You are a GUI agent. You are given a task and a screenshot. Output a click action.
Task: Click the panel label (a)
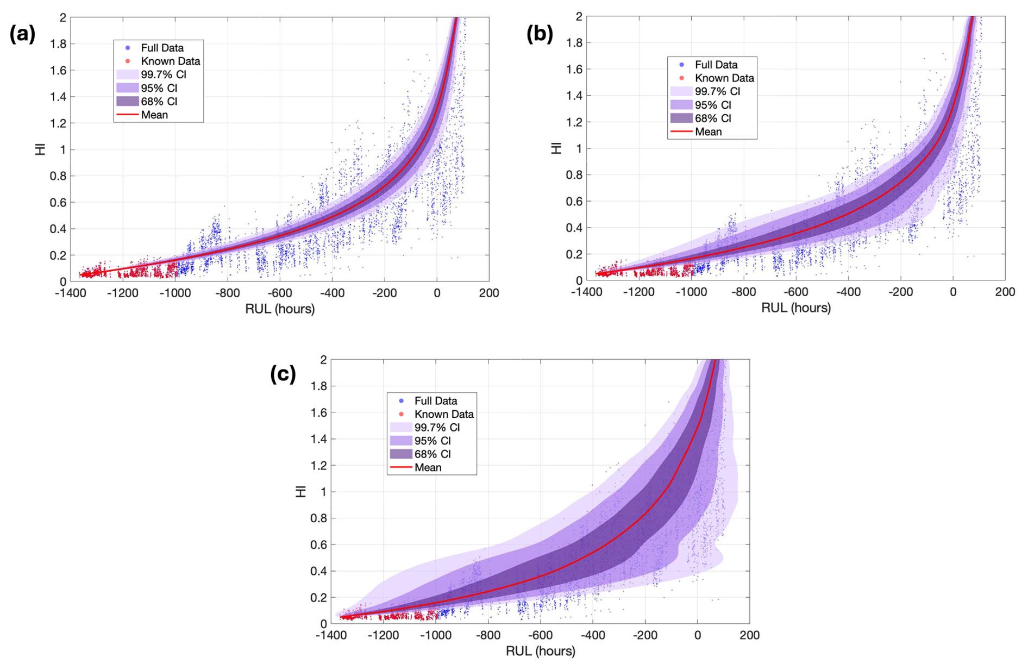pos(23,34)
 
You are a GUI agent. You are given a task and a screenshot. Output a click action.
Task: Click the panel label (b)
pos(540,34)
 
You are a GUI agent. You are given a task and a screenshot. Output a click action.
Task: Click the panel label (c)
pos(283,374)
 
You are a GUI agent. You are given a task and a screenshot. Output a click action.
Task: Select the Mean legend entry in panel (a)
pos(154,115)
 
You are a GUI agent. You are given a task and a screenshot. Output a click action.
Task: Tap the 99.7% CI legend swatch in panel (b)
pos(681,91)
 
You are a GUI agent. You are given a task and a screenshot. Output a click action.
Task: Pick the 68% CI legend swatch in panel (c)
pos(401,454)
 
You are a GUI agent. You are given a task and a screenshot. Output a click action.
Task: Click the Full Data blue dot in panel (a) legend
pos(128,48)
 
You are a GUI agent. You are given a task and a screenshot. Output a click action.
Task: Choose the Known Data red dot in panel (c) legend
pos(402,414)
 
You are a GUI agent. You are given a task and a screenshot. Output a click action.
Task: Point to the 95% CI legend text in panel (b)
pos(713,105)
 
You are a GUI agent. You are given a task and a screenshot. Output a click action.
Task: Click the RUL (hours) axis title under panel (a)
pos(280,309)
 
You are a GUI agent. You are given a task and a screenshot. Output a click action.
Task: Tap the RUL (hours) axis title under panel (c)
pos(540,651)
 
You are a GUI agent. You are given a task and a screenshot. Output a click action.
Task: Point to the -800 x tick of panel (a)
pos(227,293)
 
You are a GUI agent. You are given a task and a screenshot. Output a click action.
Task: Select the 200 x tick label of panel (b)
pos(1005,292)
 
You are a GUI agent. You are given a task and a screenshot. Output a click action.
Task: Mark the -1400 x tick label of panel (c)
pos(331,635)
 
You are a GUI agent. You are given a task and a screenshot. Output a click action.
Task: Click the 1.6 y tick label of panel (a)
pos(58,70)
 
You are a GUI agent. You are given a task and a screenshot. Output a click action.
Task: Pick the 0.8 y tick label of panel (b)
pos(574,175)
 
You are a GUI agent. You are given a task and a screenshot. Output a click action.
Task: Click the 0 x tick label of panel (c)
pos(698,635)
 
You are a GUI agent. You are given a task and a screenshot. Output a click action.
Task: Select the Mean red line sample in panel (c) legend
pos(401,467)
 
